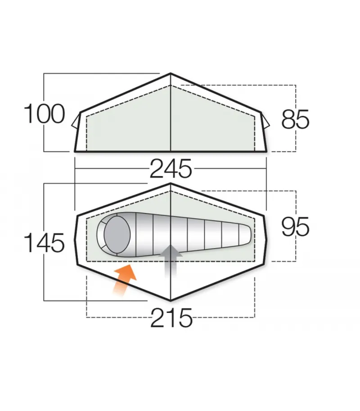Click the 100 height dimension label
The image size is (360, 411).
pyautogui.click(x=44, y=114)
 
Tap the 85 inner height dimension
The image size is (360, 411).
pyautogui.click(x=295, y=120)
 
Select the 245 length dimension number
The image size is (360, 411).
pyautogui.click(x=171, y=170)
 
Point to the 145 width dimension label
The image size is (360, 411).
pyautogui.click(x=44, y=243)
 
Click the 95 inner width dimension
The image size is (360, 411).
pyautogui.click(x=295, y=227)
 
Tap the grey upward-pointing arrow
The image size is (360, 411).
pyautogui.click(x=171, y=264)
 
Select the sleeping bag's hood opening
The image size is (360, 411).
pyautogui.click(x=117, y=234)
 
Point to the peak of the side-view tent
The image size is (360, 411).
pyautogui.click(x=171, y=74)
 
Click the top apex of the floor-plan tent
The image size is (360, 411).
pyautogui.click(x=171, y=185)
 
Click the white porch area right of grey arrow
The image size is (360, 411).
pyautogui.click(x=211, y=274)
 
